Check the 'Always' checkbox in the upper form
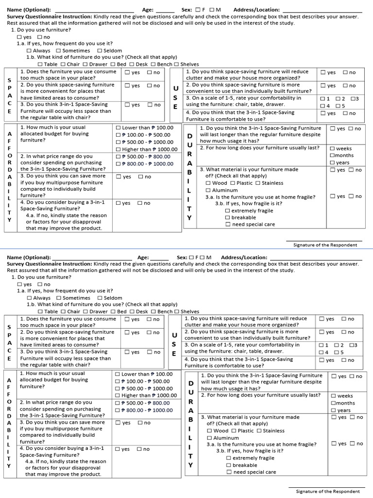[29, 51]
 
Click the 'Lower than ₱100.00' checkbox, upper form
[119, 128]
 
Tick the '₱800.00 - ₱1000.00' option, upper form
[119, 164]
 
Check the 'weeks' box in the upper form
[332, 148]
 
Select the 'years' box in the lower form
[333, 410]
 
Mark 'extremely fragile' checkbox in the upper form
[228, 211]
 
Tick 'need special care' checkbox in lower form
[229, 472]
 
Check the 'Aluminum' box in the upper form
[208, 190]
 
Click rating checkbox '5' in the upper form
[338, 106]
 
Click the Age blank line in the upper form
[165, 11]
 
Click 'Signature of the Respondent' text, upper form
[325, 245]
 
